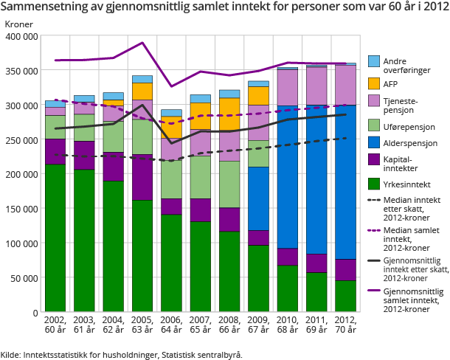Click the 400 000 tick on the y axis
point(21,36)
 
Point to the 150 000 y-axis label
point(21,209)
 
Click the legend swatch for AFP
point(373,83)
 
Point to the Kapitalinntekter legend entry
point(404,163)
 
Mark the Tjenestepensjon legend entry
point(404,104)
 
